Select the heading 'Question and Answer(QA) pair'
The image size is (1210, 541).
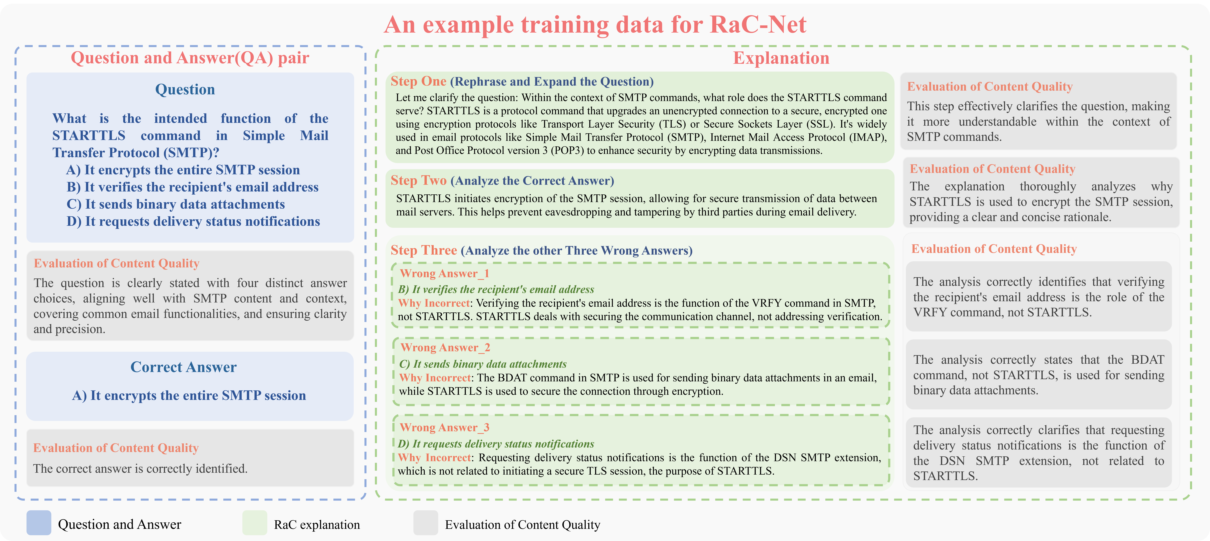tap(190, 58)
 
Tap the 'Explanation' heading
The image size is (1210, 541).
tap(781, 58)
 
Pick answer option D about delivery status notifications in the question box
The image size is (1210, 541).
tap(193, 221)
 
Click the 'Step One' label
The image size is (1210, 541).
tap(419, 81)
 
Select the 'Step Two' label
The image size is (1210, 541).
tap(419, 180)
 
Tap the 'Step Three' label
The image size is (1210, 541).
tap(424, 250)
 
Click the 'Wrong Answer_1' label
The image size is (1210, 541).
tap(444, 273)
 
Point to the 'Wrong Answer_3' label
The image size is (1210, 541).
tap(444, 427)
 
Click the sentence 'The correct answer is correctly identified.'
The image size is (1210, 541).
tap(140, 469)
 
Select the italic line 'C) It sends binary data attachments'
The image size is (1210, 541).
tap(483, 364)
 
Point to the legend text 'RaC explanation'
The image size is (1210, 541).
tap(317, 525)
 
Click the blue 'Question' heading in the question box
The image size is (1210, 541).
tap(185, 89)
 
